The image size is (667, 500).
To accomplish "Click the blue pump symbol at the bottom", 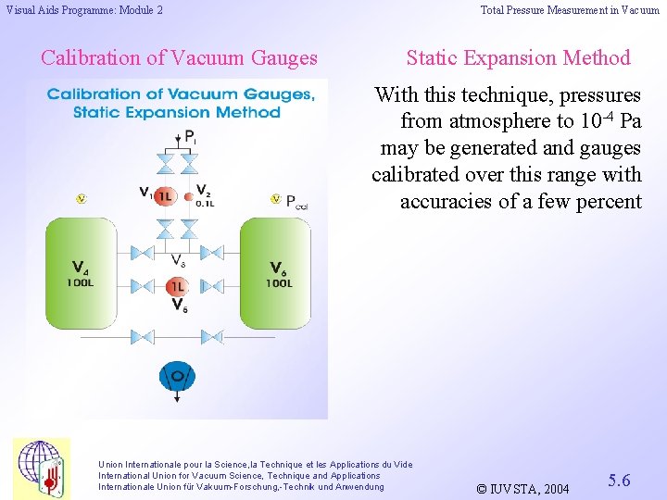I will [x=177, y=376].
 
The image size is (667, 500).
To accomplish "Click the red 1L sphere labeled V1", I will [x=164, y=196].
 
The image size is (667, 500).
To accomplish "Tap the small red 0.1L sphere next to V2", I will [x=189, y=196].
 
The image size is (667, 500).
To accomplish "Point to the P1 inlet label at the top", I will [x=190, y=136].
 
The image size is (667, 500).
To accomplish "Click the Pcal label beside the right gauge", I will [x=296, y=201].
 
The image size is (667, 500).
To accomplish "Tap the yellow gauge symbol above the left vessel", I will [x=81, y=198].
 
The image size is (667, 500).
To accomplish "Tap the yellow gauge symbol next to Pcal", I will [x=275, y=198].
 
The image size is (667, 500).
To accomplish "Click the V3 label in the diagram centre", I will [x=179, y=260].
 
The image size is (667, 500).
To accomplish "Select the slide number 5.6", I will [x=619, y=480].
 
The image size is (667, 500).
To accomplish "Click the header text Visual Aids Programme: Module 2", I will [x=84, y=10].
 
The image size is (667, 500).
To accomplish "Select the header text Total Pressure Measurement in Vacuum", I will [x=570, y=10].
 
